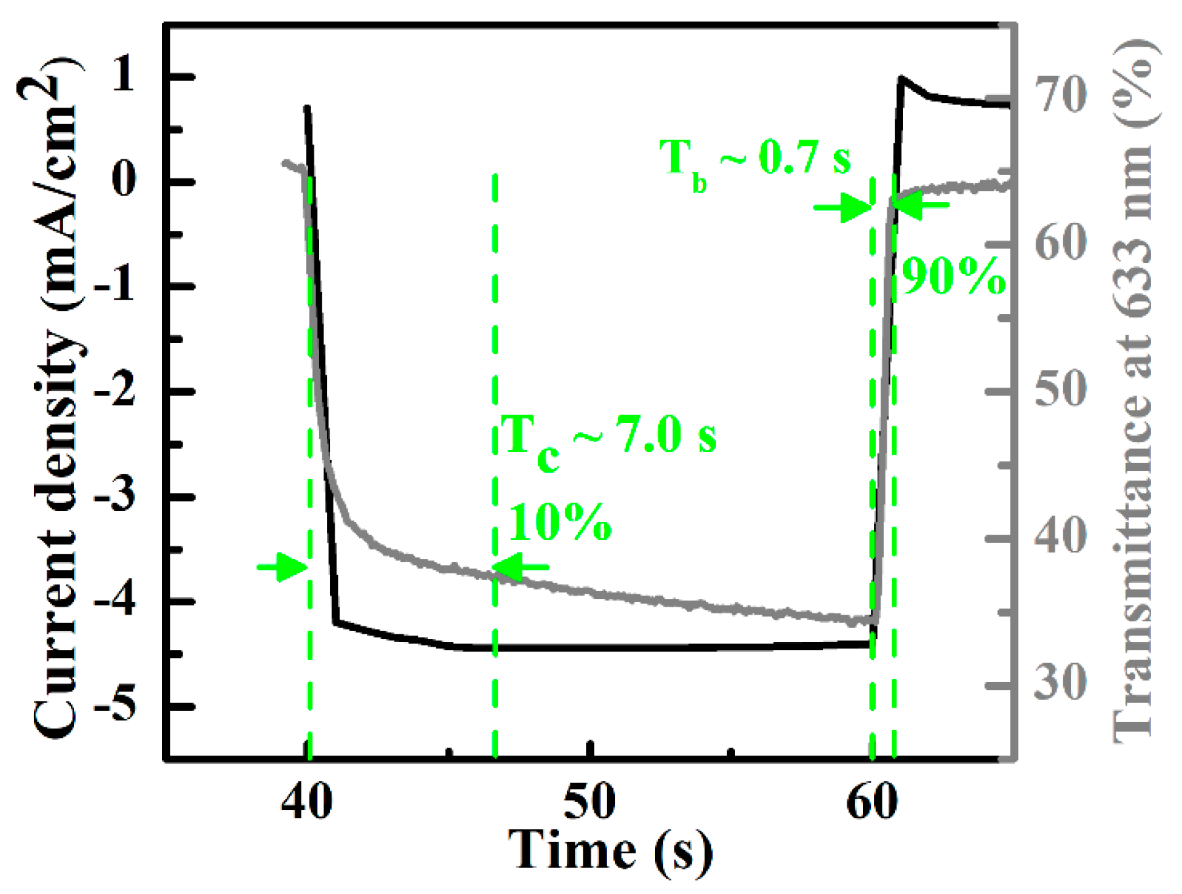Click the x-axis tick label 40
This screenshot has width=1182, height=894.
tap(306, 802)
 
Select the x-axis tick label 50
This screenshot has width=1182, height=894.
tap(589, 802)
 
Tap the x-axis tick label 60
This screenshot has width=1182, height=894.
tap(872, 802)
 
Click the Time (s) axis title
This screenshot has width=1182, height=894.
tap(610, 851)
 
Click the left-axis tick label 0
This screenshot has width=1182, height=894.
tap(124, 180)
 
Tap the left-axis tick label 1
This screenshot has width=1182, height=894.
tap(124, 76)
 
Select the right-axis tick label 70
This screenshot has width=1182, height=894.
tap(1061, 95)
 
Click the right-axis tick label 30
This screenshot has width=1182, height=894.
tap(1061, 682)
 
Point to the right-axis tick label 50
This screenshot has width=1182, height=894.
tap(1061, 389)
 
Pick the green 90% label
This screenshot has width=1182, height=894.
tap(954, 276)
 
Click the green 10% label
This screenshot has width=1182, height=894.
tap(560, 523)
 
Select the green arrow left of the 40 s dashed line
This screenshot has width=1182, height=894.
tap(282, 566)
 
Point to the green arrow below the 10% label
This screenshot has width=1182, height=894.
tap(522, 566)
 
